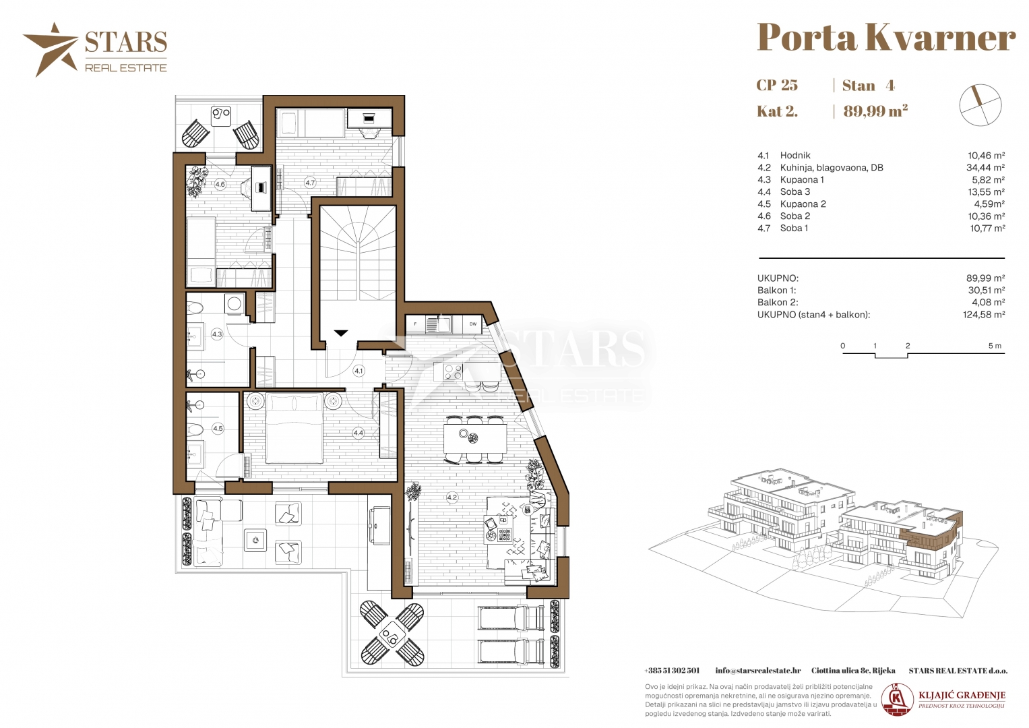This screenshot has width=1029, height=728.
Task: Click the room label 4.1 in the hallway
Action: tap(358, 371)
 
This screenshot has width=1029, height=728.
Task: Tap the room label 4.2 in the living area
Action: tap(451, 497)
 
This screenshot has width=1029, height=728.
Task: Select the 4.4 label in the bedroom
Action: tap(358, 433)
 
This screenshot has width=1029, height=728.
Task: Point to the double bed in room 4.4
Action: tap(294, 428)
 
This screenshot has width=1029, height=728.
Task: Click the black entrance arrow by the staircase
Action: tap(340, 333)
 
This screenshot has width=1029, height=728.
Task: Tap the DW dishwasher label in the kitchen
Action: tap(472, 324)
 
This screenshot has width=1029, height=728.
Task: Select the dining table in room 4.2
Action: tap(475, 438)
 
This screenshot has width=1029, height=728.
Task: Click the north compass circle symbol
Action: tap(980, 104)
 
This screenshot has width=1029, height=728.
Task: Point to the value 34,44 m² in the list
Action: tap(985, 168)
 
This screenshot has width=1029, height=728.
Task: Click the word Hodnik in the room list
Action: tap(795, 155)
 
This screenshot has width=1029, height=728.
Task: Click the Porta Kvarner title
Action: tap(886, 37)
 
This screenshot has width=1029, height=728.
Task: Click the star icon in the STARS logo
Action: tap(51, 49)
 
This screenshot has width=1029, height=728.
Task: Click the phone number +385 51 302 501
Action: tap(672, 671)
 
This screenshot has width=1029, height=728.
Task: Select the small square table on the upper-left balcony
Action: tap(221, 116)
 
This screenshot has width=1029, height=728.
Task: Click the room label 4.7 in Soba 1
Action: tap(310, 183)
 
